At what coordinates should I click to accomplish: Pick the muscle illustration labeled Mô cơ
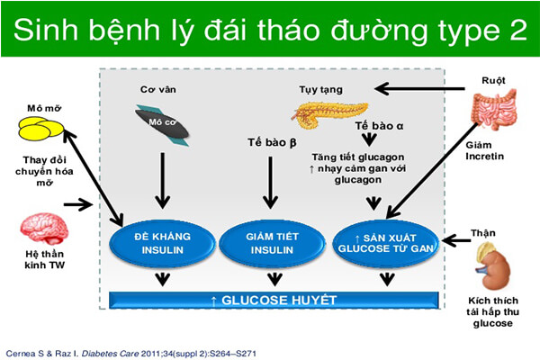pyautogui.click(x=163, y=122)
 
